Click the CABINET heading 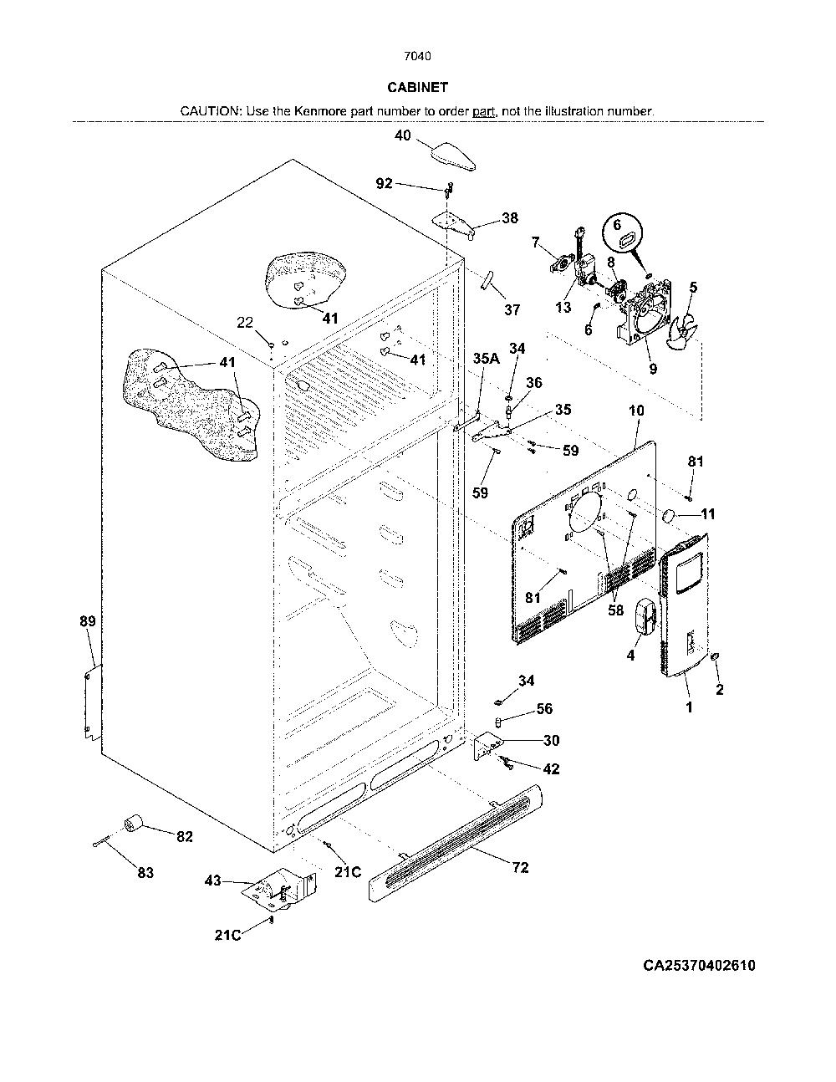point(417,88)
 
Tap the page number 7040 point(417,56)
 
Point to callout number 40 point(403,135)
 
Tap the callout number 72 point(520,867)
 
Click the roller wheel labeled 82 point(132,823)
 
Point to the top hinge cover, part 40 point(452,156)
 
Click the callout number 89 point(88,621)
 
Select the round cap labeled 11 point(668,516)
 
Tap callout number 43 point(212,880)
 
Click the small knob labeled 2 point(716,656)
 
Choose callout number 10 point(636,411)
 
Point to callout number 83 point(145,873)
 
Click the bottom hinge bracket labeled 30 point(487,746)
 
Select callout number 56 point(544,708)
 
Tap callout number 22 point(244,323)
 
